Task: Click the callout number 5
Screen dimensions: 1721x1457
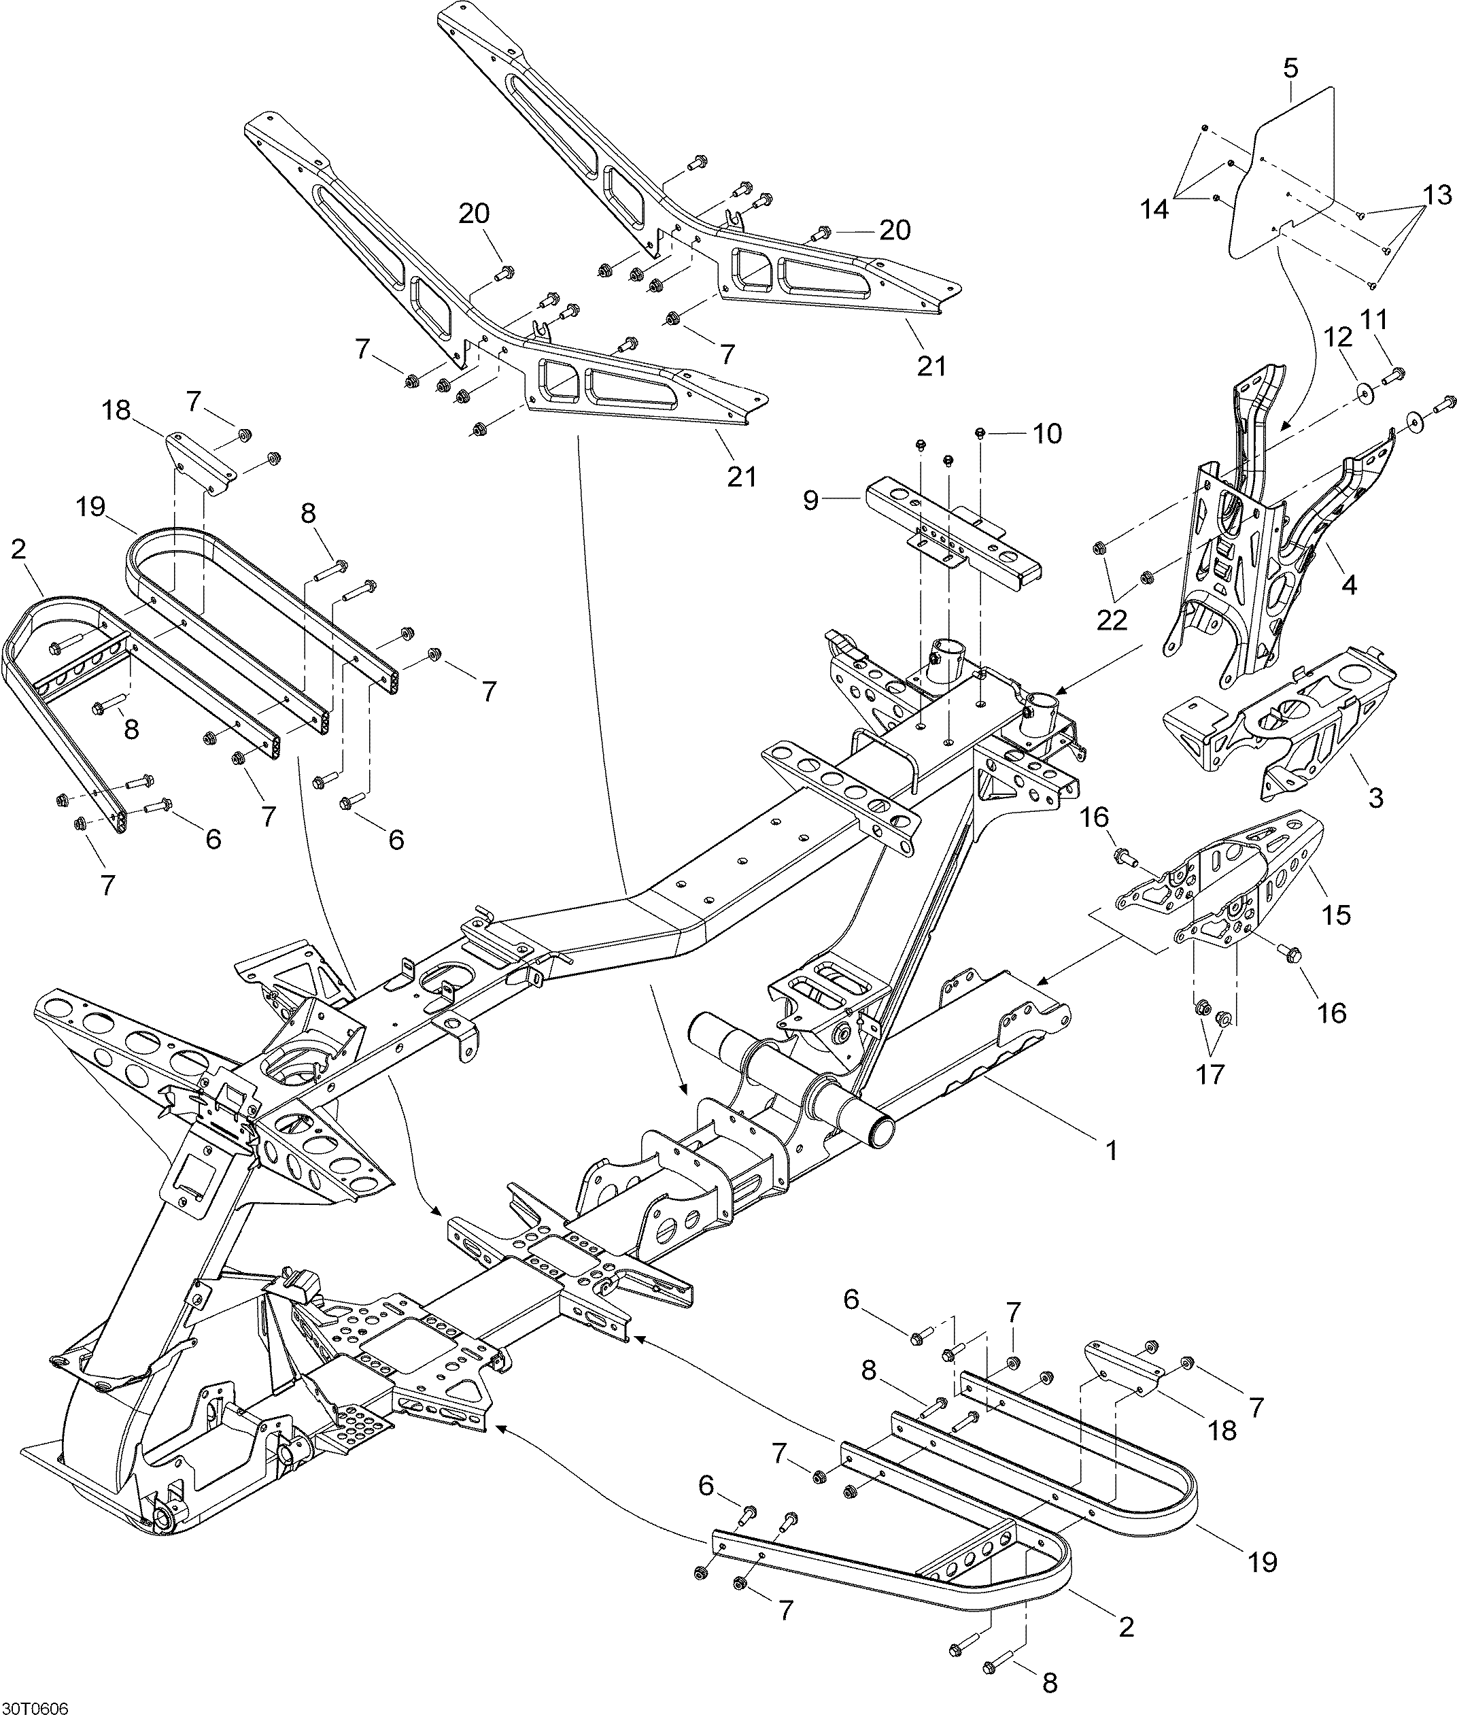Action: click(x=1291, y=69)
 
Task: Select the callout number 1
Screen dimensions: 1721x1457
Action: click(x=1112, y=1150)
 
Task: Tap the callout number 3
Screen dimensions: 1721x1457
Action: click(x=1375, y=798)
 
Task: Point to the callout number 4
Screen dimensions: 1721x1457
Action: click(x=1349, y=585)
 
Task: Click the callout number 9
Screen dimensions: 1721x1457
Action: click(x=812, y=502)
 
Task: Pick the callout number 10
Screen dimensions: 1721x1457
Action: click(x=1047, y=434)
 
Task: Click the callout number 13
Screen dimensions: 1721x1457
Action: click(x=1437, y=195)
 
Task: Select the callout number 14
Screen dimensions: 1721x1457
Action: click(x=1154, y=210)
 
